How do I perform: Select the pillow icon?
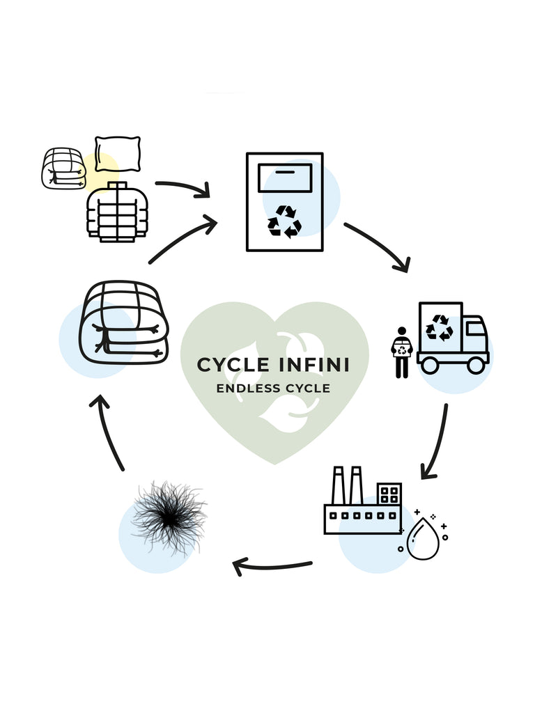pyautogui.click(x=118, y=150)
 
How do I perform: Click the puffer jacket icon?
pyautogui.click(x=117, y=212)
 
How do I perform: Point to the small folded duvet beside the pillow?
pyautogui.click(x=63, y=168)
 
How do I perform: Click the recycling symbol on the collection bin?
pyautogui.click(x=284, y=221)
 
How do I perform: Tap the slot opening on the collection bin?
pyautogui.click(x=284, y=171)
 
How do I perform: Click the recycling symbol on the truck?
pyautogui.click(x=440, y=327)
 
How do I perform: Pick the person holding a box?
pyautogui.click(x=401, y=352)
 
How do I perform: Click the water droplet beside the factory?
pyautogui.click(x=423, y=541)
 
